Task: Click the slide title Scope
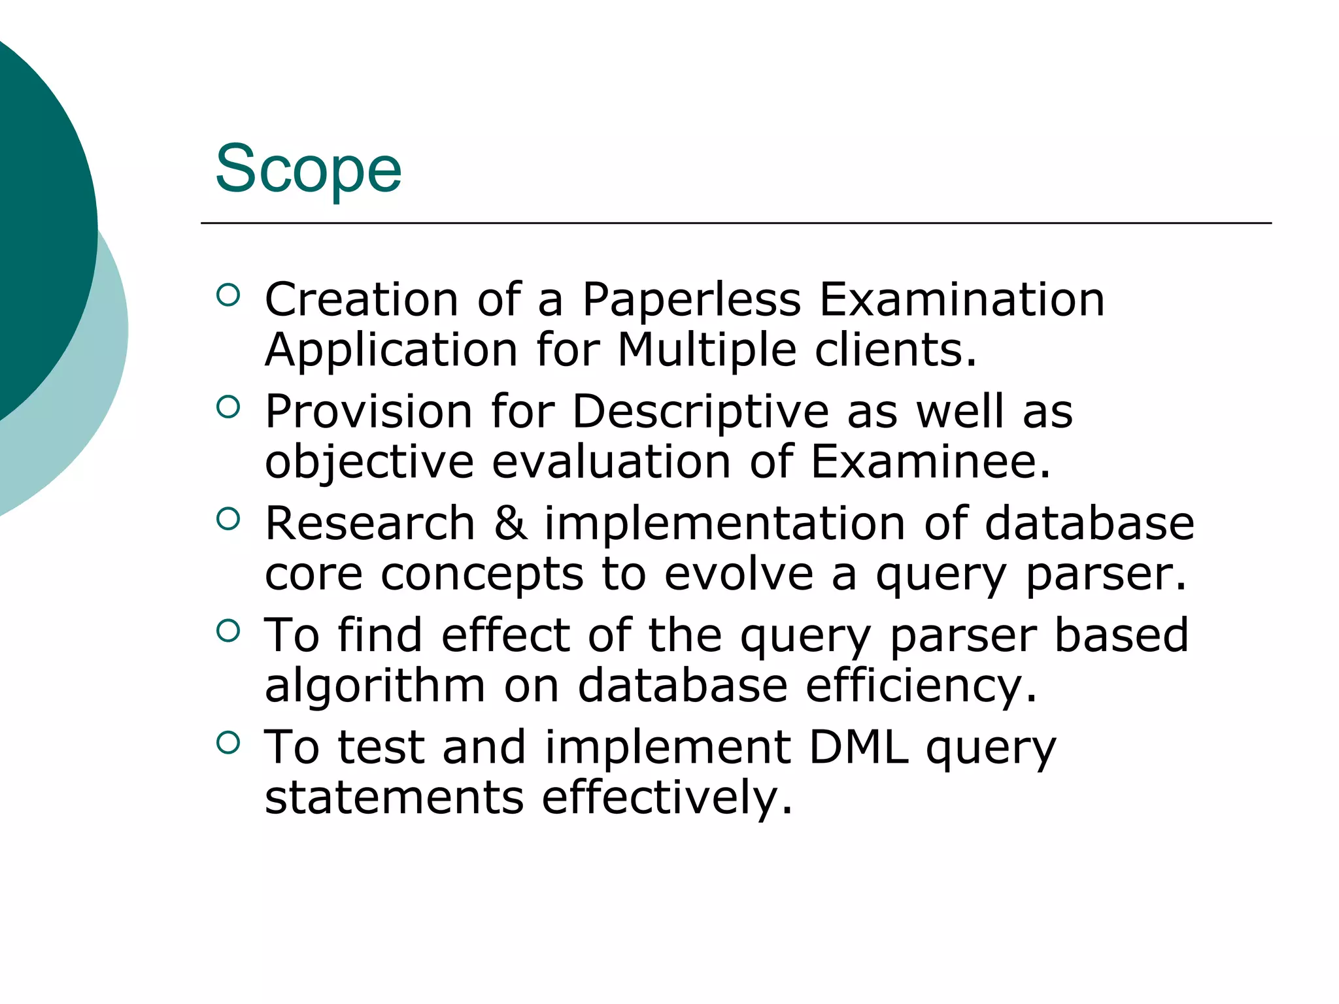click(x=308, y=169)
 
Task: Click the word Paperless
click(x=691, y=300)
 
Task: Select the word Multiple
click(x=707, y=350)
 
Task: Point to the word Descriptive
click(x=701, y=412)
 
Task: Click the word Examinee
click(x=930, y=461)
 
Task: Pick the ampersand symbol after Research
click(x=510, y=524)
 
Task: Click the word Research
click(x=370, y=524)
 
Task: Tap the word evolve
click(x=739, y=574)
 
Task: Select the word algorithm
click(x=375, y=686)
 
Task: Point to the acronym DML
click(x=858, y=747)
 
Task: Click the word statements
click(x=394, y=797)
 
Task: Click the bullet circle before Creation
click(x=228, y=295)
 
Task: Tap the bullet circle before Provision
click(x=228, y=407)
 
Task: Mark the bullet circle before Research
click(x=228, y=519)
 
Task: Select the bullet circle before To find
click(x=228, y=631)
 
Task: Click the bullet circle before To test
click(x=228, y=743)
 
